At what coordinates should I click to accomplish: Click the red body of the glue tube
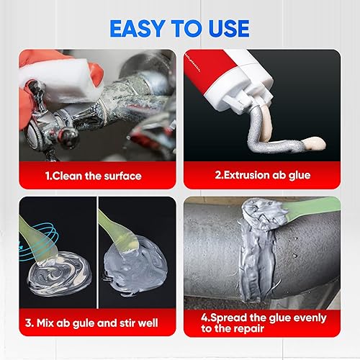(x=216, y=72)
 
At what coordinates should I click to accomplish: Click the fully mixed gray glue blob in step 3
(x=137, y=263)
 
